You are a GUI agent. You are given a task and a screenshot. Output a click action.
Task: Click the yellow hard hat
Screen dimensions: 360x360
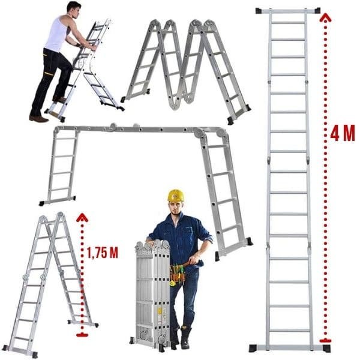(176, 196)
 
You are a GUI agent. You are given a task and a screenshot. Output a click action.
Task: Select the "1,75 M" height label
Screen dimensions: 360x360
(103, 253)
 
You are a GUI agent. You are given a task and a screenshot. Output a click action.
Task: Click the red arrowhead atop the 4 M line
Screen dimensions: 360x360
(325, 17)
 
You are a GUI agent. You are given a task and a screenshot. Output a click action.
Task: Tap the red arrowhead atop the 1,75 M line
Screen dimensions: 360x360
(82, 217)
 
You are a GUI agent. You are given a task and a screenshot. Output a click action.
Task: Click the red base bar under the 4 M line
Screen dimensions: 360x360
(325, 340)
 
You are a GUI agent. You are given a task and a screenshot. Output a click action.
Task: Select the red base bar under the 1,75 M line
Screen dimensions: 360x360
(82, 335)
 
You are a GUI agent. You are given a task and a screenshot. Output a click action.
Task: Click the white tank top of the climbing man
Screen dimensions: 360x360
(58, 34)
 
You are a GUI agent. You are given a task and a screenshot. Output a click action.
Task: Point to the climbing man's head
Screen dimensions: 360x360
(74, 10)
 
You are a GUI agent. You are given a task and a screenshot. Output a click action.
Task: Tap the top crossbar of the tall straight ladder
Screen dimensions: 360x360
(288, 11)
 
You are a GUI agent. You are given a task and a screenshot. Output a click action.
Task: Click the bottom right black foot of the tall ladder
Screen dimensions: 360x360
(326, 348)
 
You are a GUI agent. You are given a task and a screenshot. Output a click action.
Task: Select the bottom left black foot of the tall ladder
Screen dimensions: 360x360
(253, 348)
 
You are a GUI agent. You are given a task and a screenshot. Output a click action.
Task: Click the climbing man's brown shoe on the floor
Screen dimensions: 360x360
(38, 119)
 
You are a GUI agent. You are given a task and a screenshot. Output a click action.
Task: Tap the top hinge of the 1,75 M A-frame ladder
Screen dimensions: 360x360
(60, 215)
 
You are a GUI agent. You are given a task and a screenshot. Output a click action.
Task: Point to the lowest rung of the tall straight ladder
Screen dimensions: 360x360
(289, 331)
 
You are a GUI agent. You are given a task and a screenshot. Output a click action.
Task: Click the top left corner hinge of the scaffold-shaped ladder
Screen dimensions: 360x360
(57, 131)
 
